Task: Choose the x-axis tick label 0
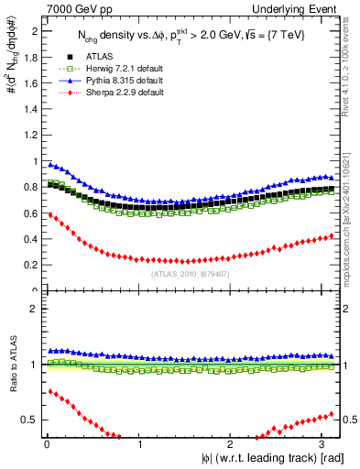point(47,444)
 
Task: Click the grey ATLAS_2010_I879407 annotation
point(190,273)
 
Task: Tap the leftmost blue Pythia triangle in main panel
point(49,164)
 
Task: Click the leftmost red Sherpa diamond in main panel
point(49,215)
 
